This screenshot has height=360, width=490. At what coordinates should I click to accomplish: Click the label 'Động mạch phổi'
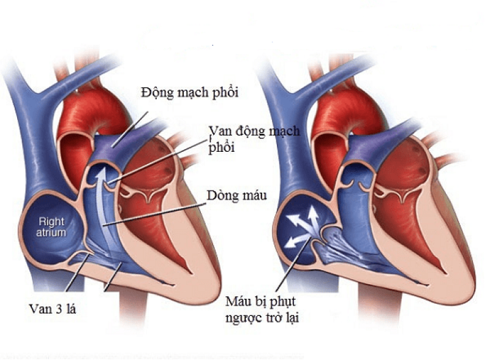coord(189,93)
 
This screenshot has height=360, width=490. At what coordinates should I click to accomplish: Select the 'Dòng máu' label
coord(237,196)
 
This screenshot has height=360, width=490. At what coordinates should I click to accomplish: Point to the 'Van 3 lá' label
coord(53,309)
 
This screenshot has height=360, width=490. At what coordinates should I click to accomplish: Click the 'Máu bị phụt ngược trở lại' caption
coord(262,310)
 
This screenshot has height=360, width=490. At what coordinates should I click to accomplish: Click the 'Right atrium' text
coord(51,227)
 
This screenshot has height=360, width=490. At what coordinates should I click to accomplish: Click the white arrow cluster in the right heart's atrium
coord(303,227)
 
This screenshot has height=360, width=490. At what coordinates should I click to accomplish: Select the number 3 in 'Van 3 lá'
coord(58,309)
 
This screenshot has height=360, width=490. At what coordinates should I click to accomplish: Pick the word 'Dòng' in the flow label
coord(221,196)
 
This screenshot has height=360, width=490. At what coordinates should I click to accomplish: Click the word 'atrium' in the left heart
coord(51,233)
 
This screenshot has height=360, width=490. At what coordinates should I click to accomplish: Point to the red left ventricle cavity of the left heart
coord(150,225)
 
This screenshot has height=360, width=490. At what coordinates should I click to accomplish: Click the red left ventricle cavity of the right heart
coord(403,225)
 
